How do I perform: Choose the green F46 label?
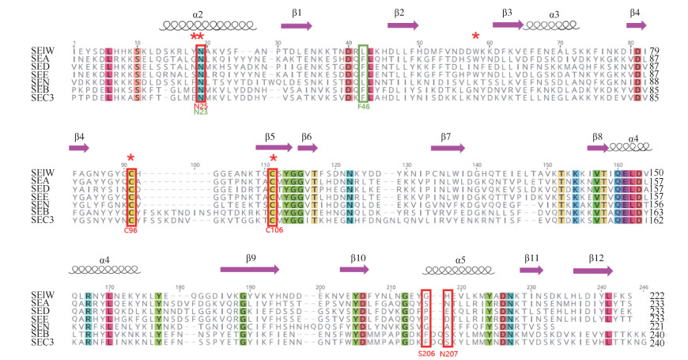(x=364, y=104)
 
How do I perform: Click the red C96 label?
(x=131, y=229)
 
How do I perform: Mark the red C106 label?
(x=274, y=229)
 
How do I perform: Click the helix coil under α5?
(x=450, y=270)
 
